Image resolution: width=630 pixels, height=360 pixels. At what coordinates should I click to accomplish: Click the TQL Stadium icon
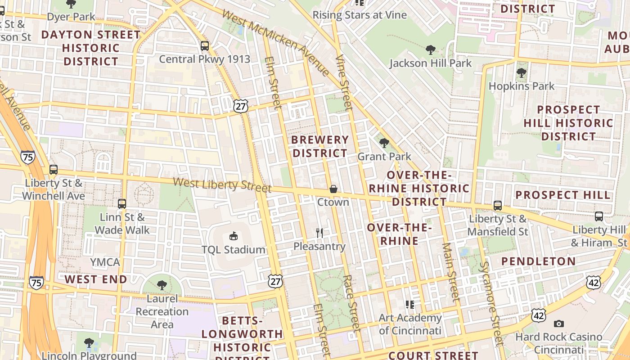pyautogui.click(x=233, y=236)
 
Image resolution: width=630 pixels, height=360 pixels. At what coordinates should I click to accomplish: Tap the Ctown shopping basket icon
pyautogui.click(x=333, y=189)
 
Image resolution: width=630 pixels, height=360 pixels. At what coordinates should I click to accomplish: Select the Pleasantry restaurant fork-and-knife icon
pyautogui.click(x=319, y=233)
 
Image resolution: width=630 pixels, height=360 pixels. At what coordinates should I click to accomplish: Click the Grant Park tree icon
pyautogui.click(x=384, y=143)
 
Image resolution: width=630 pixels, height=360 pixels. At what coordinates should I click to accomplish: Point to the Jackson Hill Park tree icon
pyautogui.click(x=430, y=49)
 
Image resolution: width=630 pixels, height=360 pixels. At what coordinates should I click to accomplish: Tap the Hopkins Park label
pyautogui.click(x=522, y=86)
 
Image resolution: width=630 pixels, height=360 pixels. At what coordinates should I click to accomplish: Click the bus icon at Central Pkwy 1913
pyautogui.click(x=205, y=46)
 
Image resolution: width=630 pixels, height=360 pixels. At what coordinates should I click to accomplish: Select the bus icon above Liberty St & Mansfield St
pyautogui.click(x=497, y=206)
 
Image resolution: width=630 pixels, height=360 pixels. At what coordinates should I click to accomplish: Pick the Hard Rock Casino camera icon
pyautogui.click(x=559, y=324)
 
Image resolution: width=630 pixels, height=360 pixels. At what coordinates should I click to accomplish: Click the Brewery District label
pyautogui.click(x=320, y=146)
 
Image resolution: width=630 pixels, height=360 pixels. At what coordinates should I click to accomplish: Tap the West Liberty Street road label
pyautogui.click(x=222, y=184)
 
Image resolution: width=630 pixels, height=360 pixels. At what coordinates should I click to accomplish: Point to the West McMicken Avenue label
pyautogui.click(x=276, y=43)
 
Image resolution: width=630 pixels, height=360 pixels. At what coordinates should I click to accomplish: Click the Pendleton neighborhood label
pyautogui.click(x=538, y=261)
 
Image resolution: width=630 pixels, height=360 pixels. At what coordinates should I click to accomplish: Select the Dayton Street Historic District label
pyautogui.click(x=91, y=48)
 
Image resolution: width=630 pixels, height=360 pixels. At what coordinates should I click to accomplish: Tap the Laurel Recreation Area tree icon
pyautogui.click(x=162, y=285)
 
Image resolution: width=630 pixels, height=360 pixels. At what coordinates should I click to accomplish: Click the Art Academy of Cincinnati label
pyautogui.click(x=410, y=324)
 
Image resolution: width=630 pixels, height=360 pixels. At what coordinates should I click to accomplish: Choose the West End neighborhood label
pyautogui.click(x=96, y=279)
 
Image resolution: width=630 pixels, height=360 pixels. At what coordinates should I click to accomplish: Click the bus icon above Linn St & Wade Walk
pyautogui.click(x=122, y=204)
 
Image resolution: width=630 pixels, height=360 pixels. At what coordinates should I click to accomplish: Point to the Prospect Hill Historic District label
pyautogui.click(x=568, y=123)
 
